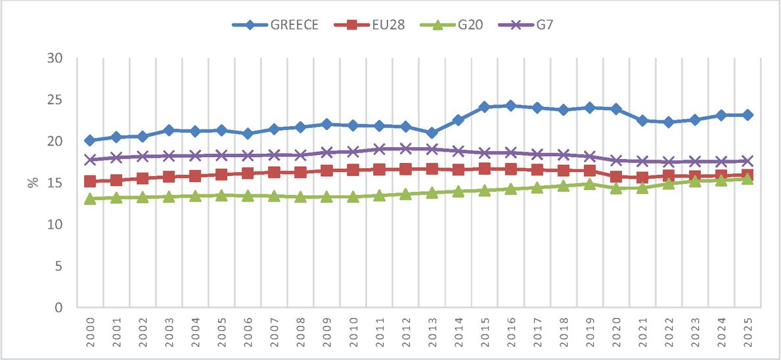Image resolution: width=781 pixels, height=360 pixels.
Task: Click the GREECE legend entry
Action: coord(275,25)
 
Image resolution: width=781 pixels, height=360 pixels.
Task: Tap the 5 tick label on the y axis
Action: coord(58,267)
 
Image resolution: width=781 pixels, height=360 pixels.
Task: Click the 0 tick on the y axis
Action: coord(58,307)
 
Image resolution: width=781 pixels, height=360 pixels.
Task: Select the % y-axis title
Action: coord(33,183)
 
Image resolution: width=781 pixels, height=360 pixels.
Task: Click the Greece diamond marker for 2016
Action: coord(510,106)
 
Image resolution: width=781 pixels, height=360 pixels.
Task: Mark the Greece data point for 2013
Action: coord(432,133)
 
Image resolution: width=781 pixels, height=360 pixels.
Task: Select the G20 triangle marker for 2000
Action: coord(90,198)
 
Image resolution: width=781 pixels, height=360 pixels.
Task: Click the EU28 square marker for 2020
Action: coord(615,176)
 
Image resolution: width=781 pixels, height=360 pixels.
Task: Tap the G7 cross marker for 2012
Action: coord(405,148)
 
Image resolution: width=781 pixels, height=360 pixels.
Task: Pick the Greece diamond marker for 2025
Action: coord(747,115)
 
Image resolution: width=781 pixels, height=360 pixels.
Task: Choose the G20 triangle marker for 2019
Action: coord(590,184)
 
